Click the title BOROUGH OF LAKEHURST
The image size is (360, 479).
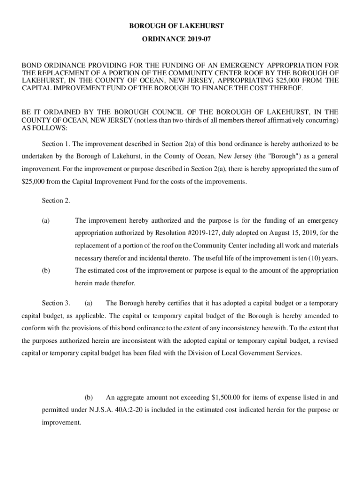180,25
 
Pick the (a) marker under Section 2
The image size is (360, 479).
46,220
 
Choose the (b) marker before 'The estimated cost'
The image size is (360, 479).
46,270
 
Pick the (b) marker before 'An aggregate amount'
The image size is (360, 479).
88,398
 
